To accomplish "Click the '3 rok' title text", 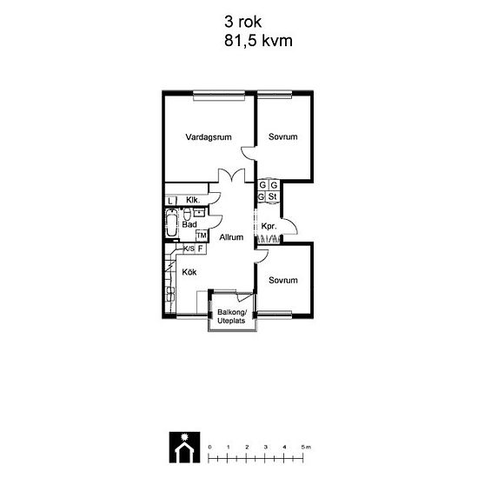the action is (243, 22).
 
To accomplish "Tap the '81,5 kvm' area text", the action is (258, 41).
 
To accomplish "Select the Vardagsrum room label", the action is (209, 137).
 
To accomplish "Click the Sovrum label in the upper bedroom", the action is (283, 136).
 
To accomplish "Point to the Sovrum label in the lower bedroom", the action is (283, 280).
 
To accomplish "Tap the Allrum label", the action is (231, 237).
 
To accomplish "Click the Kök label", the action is (189, 272).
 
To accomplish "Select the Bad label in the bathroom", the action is (189, 225).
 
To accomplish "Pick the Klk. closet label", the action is (193, 200).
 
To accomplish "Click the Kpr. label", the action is (269, 227).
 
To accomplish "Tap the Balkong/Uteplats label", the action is (231, 316).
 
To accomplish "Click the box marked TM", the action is (202, 236).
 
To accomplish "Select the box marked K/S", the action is (189, 249).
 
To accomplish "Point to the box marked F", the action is (201, 249).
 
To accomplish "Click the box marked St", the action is (272, 196).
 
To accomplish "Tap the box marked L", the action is (169, 201).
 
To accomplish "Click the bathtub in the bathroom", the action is (171, 223).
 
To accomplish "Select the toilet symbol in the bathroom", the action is (187, 214).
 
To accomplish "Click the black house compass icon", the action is (185, 447).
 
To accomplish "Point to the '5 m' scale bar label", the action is (306, 448).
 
